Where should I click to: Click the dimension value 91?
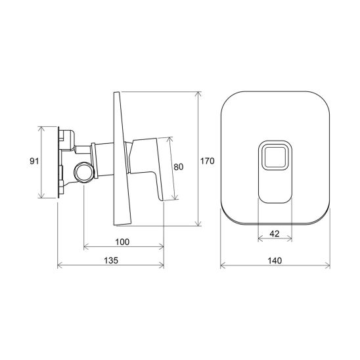pos(34,161)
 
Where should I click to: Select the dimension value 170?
pos(208,161)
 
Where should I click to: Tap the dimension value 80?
pos(179,167)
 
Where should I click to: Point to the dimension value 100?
pos(122,242)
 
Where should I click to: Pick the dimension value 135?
pos(111,261)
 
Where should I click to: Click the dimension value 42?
pos(275,234)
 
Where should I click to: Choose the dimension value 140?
pos(275,261)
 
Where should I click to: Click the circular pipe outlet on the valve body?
pos(84,172)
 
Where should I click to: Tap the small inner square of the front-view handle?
pos(275,157)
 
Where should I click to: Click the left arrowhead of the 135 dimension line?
pos(60,265)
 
